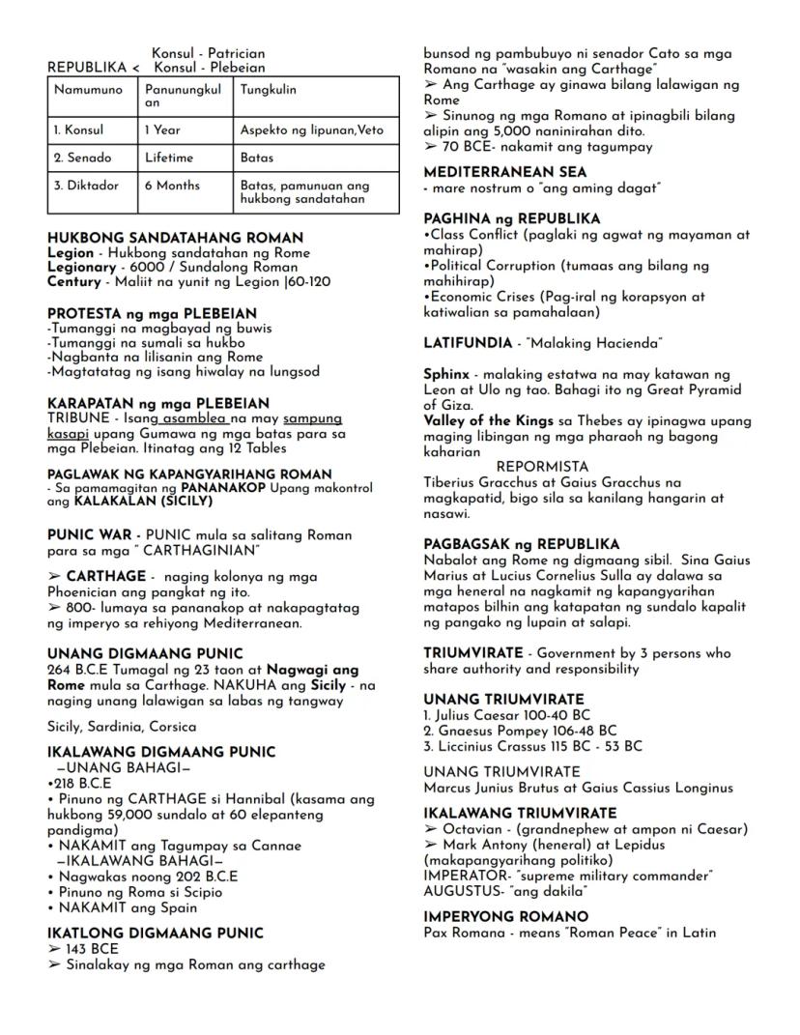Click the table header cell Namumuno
[81, 90]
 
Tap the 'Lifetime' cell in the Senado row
[169, 158]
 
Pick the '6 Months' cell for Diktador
[171, 186]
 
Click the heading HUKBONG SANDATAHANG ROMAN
[175, 238]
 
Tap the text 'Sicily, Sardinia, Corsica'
[122, 727]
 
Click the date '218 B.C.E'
[82, 782]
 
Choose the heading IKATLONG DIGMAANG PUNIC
[155, 934]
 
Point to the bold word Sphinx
[446, 374]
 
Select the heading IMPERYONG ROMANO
[505, 916]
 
